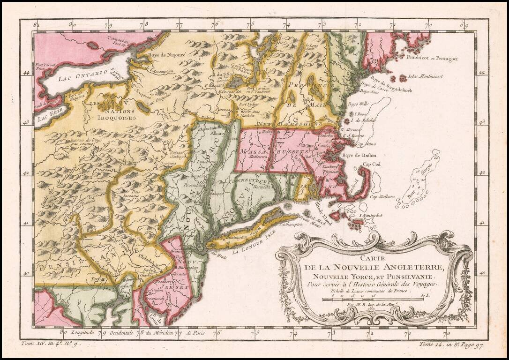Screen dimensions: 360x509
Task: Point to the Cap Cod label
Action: coord(371,164)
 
